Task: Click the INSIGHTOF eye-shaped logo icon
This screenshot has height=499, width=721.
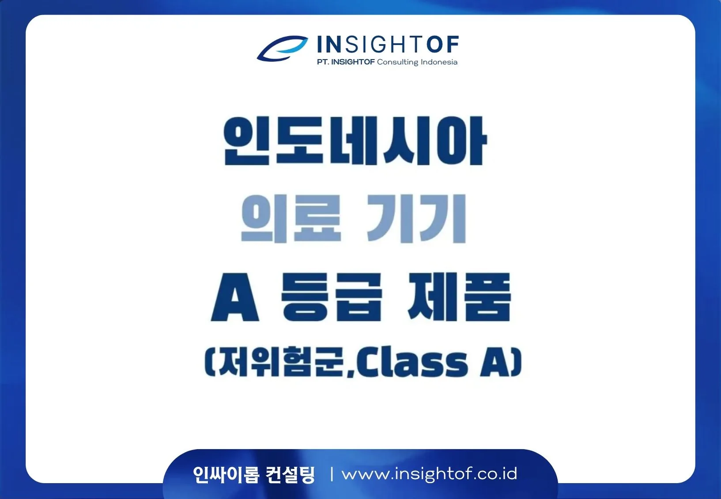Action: click(x=282, y=48)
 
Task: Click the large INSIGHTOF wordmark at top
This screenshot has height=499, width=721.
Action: click(x=388, y=44)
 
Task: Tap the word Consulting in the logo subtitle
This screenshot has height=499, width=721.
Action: click(x=397, y=62)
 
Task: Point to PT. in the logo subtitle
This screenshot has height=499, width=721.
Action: click(x=323, y=62)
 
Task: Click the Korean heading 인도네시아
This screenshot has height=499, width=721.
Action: click(x=355, y=140)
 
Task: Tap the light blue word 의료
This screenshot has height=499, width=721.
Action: click(x=291, y=218)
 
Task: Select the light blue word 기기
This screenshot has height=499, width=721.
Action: click(x=417, y=218)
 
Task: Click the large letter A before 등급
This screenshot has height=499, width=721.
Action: click(x=234, y=297)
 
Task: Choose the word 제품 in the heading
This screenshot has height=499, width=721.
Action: click(x=459, y=297)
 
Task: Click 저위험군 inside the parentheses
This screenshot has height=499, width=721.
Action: click(x=280, y=362)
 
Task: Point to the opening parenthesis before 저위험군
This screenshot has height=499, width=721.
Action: click(x=210, y=362)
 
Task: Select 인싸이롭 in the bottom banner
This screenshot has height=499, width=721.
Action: click(x=226, y=475)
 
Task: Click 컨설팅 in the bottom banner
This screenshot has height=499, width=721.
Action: click(x=290, y=475)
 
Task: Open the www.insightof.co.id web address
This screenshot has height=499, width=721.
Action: click(x=430, y=474)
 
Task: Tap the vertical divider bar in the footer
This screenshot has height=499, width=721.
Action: click(x=332, y=475)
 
